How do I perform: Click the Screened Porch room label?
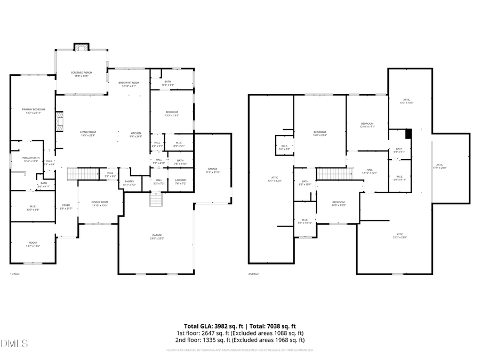82,74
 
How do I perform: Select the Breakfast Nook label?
129,84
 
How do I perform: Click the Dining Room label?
100,203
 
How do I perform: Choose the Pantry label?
129,182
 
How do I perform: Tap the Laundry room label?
180,182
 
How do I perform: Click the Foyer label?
66,206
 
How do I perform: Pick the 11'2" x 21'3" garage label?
213,170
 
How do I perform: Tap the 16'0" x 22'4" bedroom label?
319,133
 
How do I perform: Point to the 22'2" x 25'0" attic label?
399,236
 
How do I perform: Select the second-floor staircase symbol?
334,173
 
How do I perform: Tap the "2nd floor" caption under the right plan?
253,274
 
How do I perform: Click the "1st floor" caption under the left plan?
14,274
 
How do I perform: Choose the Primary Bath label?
31,159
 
